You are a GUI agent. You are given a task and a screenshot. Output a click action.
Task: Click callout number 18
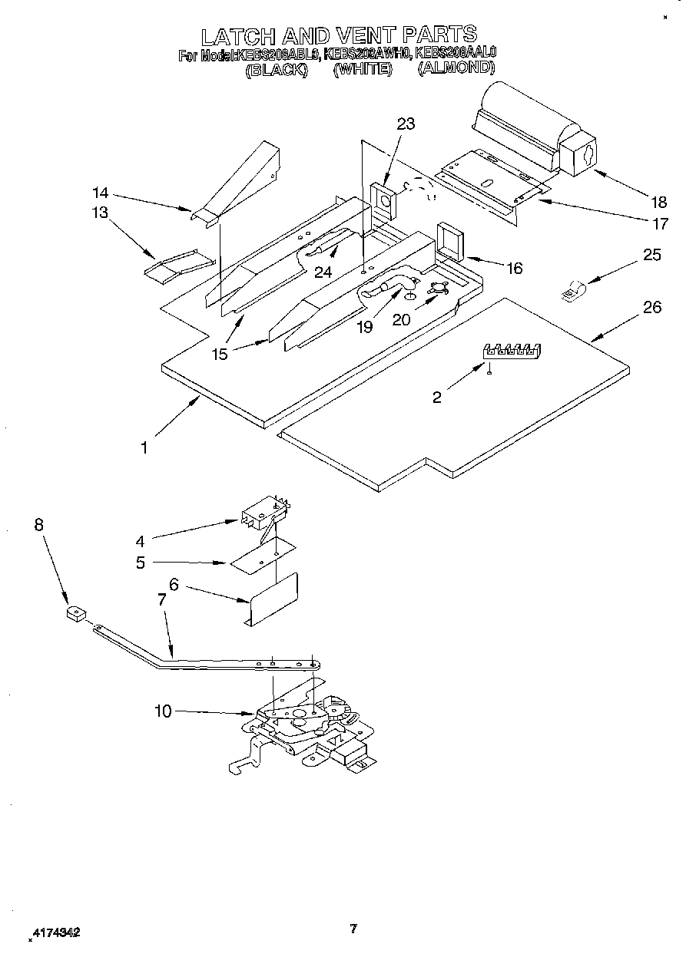click(x=658, y=203)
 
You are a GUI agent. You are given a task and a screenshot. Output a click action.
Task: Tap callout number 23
click(x=406, y=124)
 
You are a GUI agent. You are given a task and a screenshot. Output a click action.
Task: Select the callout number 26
click(x=652, y=307)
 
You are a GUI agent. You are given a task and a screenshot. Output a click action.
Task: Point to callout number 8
click(x=39, y=525)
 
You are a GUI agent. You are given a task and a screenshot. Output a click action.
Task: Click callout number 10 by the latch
click(x=163, y=711)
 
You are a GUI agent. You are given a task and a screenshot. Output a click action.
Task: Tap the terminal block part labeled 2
click(x=512, y=351)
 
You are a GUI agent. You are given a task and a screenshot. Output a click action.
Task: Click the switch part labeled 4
click(x=260, y=512)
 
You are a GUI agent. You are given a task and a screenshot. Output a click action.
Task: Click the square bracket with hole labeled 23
click(x=384, y=201)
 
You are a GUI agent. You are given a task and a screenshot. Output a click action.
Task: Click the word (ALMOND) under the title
click(x=456, y=68)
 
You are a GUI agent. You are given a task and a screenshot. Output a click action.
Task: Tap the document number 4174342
click(x=55, y=933)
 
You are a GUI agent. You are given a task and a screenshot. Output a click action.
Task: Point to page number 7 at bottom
click(x=353, y=929)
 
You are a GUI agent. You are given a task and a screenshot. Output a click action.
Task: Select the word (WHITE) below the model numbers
click(x=363, y=69)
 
